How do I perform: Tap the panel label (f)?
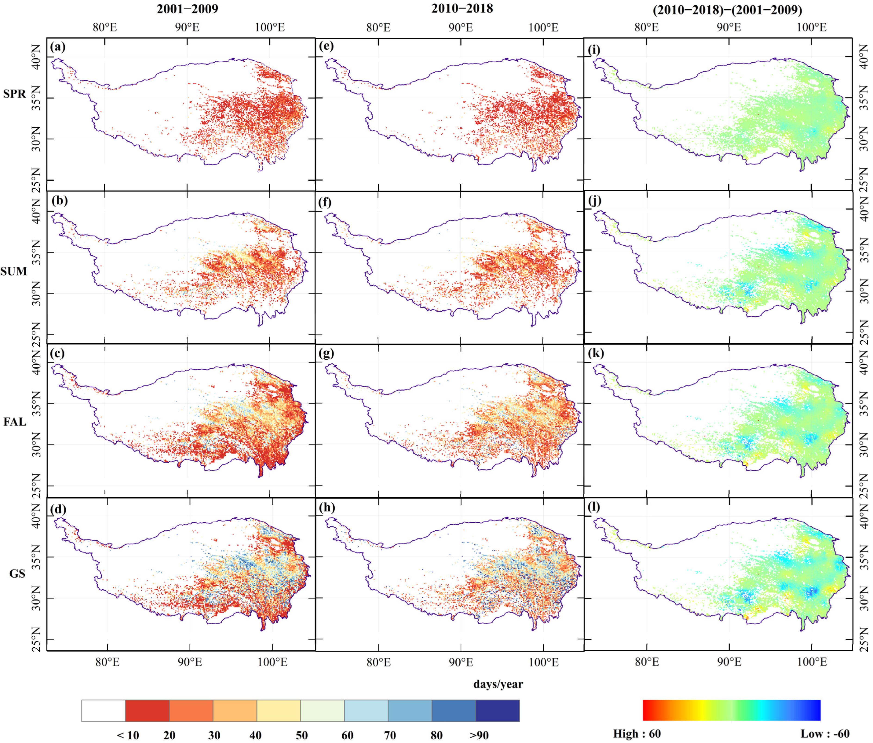324,202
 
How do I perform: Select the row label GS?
17,574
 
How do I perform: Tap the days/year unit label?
498,684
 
